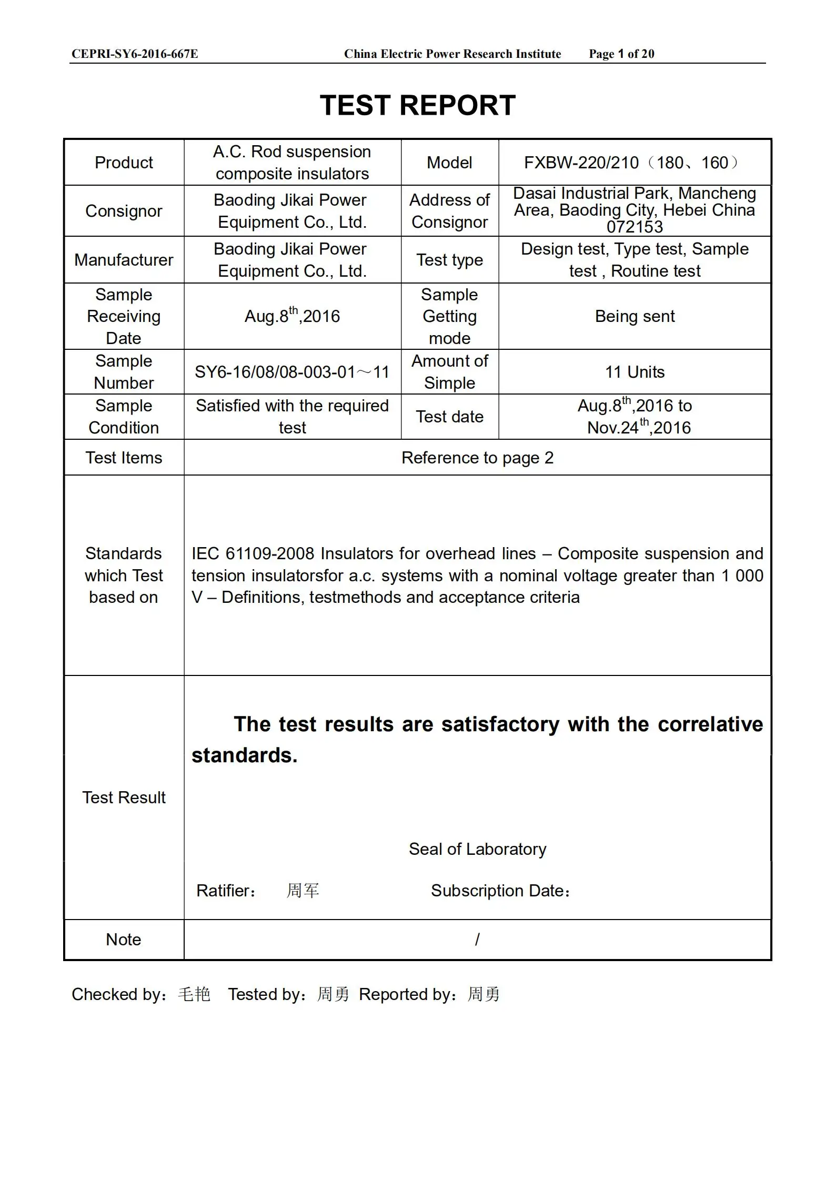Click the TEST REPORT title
417,106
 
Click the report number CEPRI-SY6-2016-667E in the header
135,54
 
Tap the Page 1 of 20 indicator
621,54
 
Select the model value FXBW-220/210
581,163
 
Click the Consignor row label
124,211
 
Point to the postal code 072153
635,227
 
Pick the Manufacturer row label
124,260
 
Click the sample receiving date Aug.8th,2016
292,316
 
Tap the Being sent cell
635,316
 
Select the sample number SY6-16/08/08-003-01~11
292,372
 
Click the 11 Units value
635,372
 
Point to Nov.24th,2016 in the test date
639,427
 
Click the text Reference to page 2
477,458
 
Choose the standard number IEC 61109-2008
253,553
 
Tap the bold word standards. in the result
245,755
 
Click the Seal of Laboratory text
477,849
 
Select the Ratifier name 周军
303,891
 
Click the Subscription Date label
500,891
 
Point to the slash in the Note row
477,940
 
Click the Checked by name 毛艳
194,994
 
